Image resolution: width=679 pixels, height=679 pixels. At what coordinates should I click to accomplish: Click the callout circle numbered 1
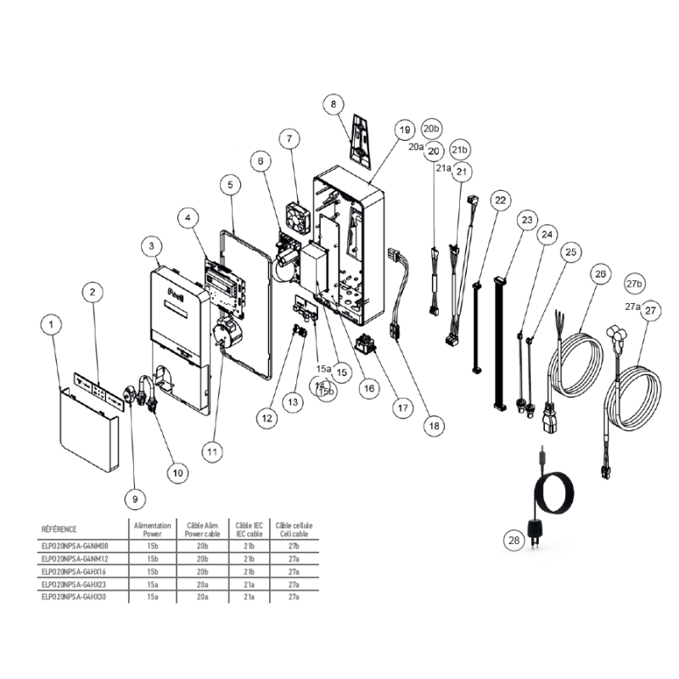[53, 323]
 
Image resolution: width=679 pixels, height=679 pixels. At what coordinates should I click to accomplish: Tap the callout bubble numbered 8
[334, 104]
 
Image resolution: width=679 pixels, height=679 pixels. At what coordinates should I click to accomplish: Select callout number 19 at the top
[403, 130]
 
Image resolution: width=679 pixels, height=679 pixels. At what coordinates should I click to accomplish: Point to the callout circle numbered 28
[513, 540]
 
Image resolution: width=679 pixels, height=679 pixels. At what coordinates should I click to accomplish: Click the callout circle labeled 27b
[634, 283]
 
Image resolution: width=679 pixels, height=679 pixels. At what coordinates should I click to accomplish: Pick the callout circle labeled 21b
[459, 150]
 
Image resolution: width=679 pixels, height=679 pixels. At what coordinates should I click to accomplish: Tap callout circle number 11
[213, 452]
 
